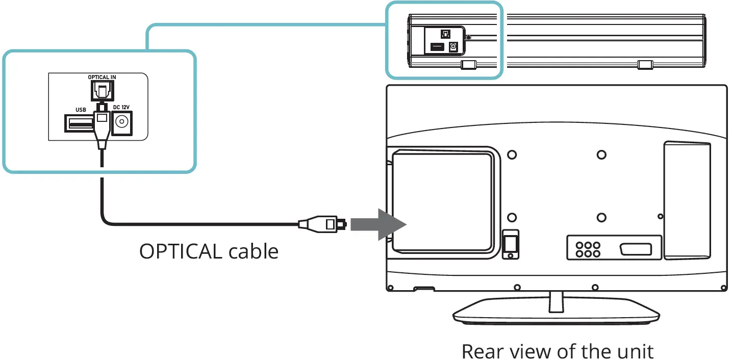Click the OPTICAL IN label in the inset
click(x=102, y=78)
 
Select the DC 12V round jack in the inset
click(x=121, y=122)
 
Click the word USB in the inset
click(x=80, y=109)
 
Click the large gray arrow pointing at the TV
click(x=378, y=224)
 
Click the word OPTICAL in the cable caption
click(x=181, y=251)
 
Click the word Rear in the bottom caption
click(x=483, y=351)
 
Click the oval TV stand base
click(x=556, y=315)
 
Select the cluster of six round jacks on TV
click(x=587, y=248)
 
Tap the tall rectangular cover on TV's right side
click(x=687, y=200)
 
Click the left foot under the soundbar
click(x=468, y=65)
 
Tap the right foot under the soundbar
click(x=645, y=65)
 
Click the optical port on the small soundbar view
click(x=445, y=34)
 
